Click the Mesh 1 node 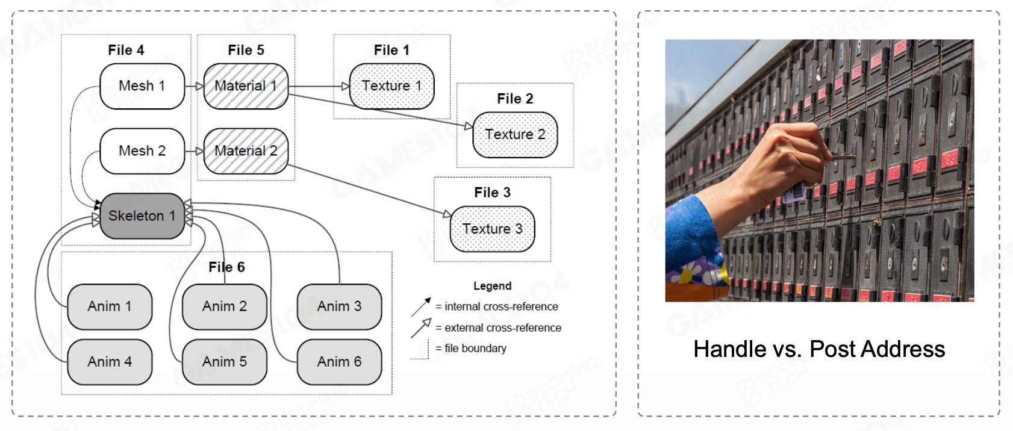pyautogui.click(x=142, y=86)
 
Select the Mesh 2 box pyautogui.click(x=142, y=151)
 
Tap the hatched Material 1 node pyautogui.click(x=246, y=86)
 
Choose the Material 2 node pyautogui.click(x=246, y=151)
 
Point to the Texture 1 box pyautogui.click(x=391, y=86)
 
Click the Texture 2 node pyautogui.click(x=515, y=135)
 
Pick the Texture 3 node pyautogui.click(x=492, y=229)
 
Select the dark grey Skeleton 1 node pyautogui.click(x=142, y=216)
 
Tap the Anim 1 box pyautogui.click(x=110, y=306)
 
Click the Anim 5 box pyautogui.click(x=225, y=362)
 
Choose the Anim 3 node pyautogui.click(x=339, y=306)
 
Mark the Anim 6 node pyautogui.click(x=339, y=362)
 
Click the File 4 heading pyautogui.click(x=126, y=51)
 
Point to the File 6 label pyautogui.click(x=226, y=267)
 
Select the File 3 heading pyautogui.click(x=492, y=193)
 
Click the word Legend pyautogui.click(x=492, y=286)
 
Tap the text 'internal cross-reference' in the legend pyautogui.click(x=501, y=306)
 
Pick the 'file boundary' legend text pyautogui.click(x=475, y=349)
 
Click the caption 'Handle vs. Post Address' pyautogui.click(x=819, y=349)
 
